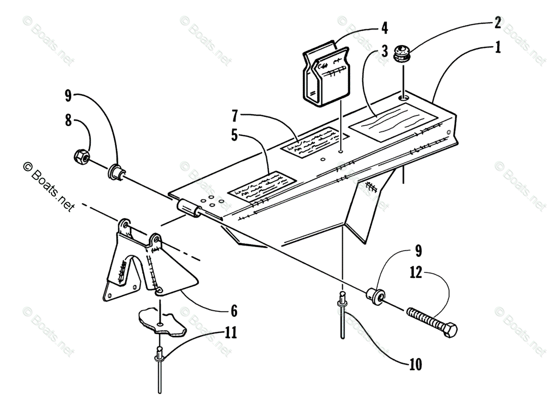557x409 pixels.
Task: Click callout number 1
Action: pos(498,47)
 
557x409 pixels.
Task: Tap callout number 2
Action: pos(497,22)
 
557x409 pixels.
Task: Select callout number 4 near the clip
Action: pos(384,27)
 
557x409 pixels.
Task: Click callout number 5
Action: pos(235,136)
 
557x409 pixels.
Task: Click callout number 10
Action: pos(415,365)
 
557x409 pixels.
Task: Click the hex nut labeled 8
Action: pos(82,158)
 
